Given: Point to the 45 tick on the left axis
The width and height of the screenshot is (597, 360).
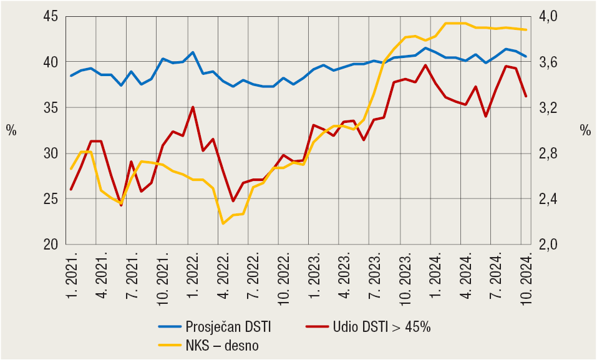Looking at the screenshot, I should (51, 16).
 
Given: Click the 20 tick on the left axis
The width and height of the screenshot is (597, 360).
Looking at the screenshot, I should (51, 245).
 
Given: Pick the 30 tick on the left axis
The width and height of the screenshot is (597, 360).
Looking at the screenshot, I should (51, 153).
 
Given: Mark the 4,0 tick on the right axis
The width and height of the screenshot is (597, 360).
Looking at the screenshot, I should (551, 16).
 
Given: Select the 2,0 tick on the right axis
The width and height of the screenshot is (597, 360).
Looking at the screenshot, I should (551, 245).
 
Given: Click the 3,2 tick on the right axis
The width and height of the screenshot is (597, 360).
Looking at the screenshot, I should (551, 108).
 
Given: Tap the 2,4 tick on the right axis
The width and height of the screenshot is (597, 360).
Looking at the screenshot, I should (551, 199).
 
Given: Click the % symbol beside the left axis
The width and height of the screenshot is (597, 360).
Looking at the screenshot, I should (11, 130).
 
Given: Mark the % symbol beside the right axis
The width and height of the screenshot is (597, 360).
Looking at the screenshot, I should (585, 130).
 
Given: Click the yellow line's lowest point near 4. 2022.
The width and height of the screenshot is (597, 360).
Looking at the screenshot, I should (223, 223).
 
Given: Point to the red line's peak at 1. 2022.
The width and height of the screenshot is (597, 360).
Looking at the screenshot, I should (193, 107).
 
